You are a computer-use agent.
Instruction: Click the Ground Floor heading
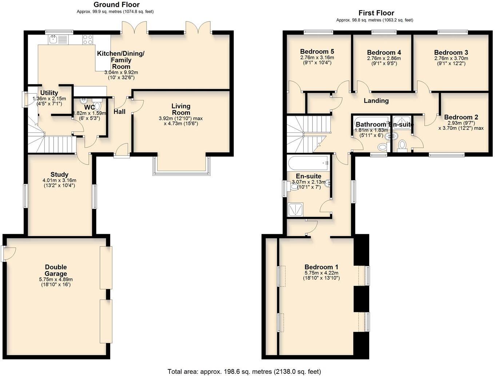click(x=116, y=5)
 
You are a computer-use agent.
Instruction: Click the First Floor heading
click(x=376, y=13)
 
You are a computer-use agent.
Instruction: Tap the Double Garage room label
click(x=56, y=270)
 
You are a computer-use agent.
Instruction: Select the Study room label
click(x=59, y=175)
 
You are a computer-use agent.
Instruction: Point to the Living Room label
click(x=181, y=109)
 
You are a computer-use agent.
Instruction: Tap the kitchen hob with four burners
click(x=88, y=39)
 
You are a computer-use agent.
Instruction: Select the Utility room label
click(x=49, y=93)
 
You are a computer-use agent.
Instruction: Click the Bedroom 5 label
click(x=317, y=52)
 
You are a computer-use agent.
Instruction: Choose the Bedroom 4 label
click(x=384, y=52)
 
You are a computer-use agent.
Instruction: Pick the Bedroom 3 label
click(x=451, y=52)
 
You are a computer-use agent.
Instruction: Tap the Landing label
click(x=376, y=101)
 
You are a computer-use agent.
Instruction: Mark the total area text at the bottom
click(x=244, y=371)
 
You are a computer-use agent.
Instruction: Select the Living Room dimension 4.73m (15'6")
click(x=181, y=123)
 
